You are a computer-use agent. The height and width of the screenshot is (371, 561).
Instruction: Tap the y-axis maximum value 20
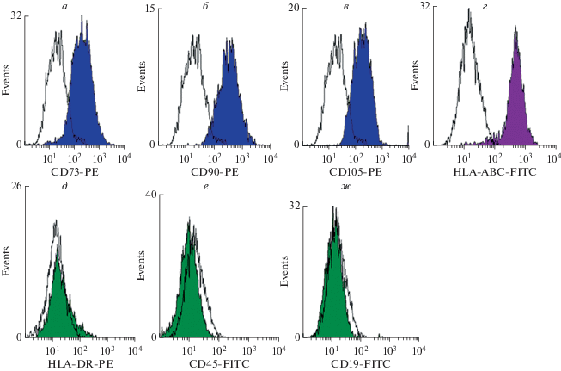[x=291, y=9]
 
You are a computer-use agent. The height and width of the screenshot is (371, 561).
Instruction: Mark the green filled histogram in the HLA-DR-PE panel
[x=57, y=301]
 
